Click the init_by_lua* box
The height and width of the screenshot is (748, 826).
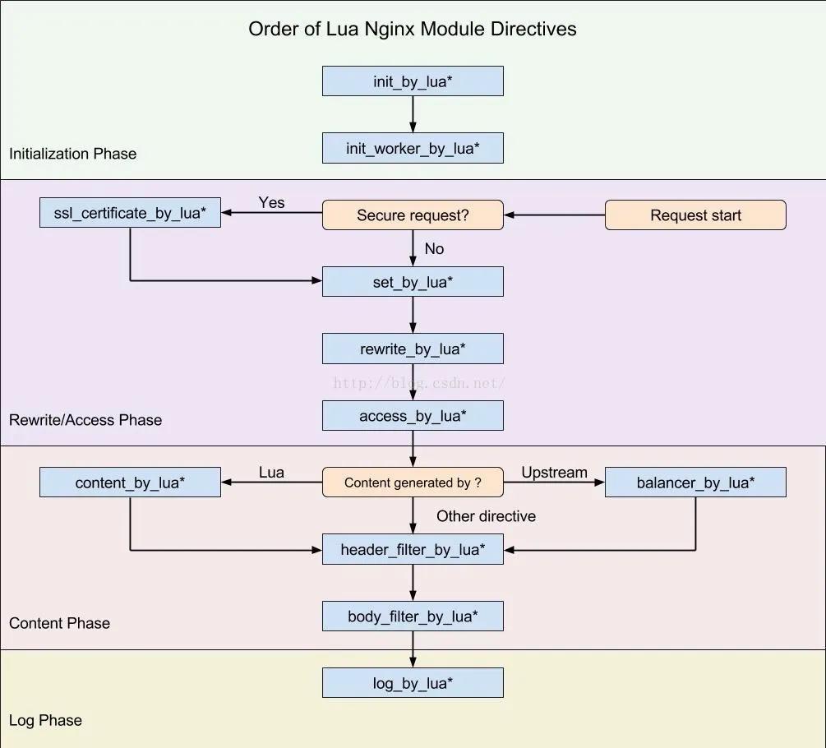[x=413, y=81]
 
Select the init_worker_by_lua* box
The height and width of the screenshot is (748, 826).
[x=413, y=149]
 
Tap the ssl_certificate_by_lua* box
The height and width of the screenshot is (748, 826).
[x=130, y=214]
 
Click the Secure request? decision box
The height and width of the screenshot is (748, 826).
[x=413, y=215]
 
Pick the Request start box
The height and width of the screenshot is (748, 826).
[x=695, y=215]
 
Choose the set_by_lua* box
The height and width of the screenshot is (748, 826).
[x=413, y=282]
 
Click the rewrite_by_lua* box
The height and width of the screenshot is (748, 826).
[x=413, y=349]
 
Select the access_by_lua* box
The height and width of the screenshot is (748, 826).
[x=413, y=416]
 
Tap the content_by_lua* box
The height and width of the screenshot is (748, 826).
[x=130, y=483]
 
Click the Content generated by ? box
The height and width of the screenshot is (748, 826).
[x=413, y=483]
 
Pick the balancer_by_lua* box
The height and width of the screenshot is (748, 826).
[x=695, y=483]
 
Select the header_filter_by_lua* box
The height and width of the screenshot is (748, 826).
[x=413, y=549]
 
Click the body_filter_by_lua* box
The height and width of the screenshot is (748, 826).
[x=413, y=616]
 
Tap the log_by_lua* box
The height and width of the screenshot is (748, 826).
[x=413, y=683]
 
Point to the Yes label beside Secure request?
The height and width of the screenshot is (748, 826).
[x=271, y=202]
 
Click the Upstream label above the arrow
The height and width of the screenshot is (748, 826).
[x=554, y=473]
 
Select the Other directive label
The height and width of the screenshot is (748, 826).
[x=486, y=516]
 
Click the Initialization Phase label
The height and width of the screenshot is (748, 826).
[x=72, y=154]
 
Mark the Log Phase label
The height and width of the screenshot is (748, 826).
[x=45, y=720]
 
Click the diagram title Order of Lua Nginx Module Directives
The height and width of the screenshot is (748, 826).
[x=413, y=29]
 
